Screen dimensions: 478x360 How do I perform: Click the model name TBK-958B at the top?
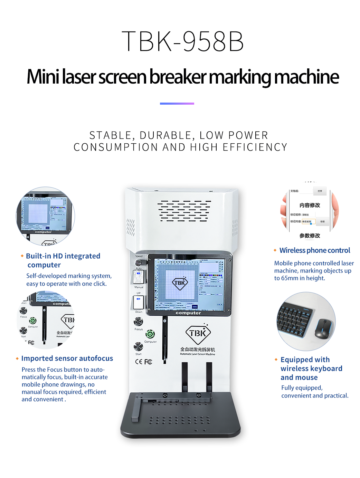point(182,41)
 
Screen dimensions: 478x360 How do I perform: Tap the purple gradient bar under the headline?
point(177,103)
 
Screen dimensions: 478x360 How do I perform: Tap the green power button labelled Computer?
point(150,334)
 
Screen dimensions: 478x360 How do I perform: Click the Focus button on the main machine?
point(138,322)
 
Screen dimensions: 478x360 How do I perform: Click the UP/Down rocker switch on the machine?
point(138,302)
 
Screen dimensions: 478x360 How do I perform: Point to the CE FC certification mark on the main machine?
point(143,362)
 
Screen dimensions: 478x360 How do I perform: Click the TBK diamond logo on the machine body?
point(198,333)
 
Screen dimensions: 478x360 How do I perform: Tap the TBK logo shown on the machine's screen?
point(180,283)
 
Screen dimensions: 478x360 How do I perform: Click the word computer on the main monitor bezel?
point(188,313)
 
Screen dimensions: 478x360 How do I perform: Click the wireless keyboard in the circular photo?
point(295,321)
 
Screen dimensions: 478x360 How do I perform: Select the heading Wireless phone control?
point(315,250)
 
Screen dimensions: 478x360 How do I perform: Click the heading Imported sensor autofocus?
point(67,358)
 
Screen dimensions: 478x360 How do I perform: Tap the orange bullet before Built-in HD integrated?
point(22,256)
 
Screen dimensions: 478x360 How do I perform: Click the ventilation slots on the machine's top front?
point(184,211)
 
